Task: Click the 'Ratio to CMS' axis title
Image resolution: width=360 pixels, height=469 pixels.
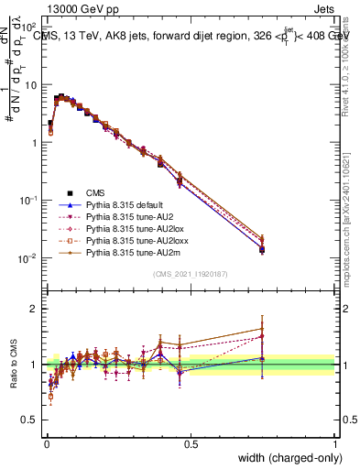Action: tap(14, 365)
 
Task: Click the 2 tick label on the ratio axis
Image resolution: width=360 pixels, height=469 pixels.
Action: tap(34, 309)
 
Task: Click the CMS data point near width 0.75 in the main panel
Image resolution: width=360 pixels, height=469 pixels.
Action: tap(263, 249)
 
